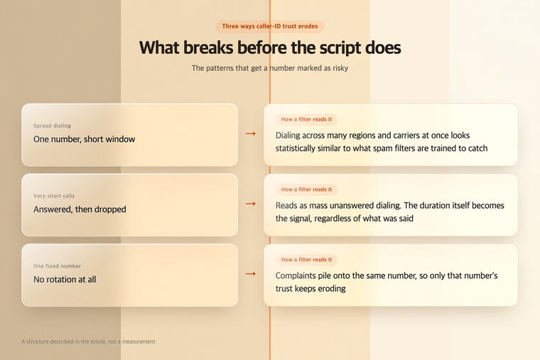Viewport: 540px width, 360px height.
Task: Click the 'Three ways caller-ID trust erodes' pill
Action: tap(270, 26)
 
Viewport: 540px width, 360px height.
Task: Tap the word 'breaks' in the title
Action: tap(208, 48)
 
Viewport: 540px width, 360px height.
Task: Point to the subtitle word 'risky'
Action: tap(340, 68)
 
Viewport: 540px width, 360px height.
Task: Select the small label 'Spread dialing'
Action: tap(52, 126)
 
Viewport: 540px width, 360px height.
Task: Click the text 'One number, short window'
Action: tap(84, 139)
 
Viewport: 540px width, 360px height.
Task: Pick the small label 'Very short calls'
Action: tap(54, 196)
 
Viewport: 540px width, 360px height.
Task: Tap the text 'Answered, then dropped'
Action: tap(80, 209)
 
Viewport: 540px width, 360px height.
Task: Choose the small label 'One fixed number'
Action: tap(57, 266)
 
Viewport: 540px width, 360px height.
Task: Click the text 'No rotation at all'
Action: tap(65, 280)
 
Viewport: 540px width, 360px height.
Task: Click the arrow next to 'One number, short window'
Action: tap(251, 133)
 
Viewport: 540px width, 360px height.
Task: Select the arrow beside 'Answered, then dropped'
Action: tap(251, 204)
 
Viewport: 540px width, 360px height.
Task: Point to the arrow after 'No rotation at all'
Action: tap(251, 274)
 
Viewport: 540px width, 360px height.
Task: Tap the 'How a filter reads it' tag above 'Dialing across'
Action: tap(306, 119)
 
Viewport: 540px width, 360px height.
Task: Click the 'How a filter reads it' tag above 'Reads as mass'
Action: tap(306, 190)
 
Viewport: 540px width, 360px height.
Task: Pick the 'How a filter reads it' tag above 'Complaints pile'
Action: tap(306, 260)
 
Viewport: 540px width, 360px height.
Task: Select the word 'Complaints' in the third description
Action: tap(296, 276)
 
